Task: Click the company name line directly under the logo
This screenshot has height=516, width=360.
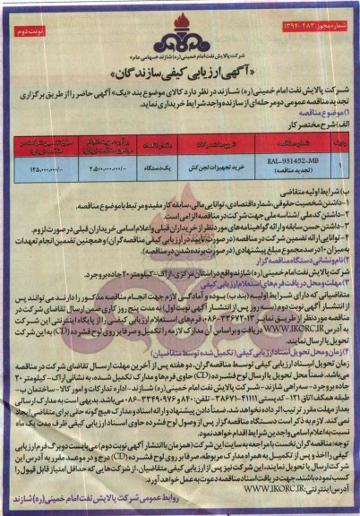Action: point(179,50)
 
